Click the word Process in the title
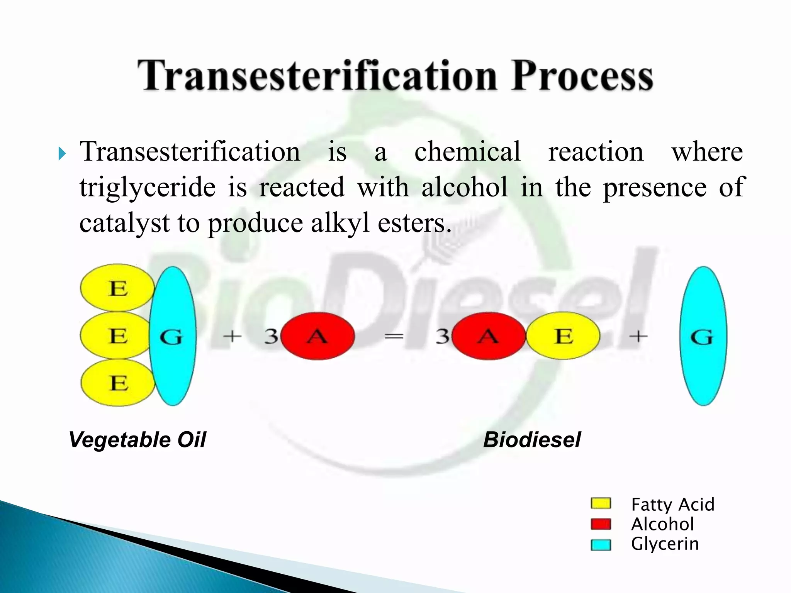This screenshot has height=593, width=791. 582,76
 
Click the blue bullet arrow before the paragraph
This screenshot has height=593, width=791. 62,154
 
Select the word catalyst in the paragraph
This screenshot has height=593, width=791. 124,223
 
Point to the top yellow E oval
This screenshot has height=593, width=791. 117,288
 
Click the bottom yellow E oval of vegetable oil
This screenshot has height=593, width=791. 118,383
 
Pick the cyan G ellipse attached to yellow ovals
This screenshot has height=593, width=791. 172,336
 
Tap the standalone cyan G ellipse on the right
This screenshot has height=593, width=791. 703,336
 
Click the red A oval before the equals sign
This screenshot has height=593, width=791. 317,336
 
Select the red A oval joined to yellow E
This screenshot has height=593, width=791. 489,336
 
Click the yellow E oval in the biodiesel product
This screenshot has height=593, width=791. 563,336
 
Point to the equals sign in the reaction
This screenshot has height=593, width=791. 394,337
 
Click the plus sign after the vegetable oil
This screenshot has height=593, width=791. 232,337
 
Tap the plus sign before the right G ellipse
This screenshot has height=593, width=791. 638,337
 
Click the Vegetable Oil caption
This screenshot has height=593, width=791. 137,440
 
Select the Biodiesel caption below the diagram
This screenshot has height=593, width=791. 531,440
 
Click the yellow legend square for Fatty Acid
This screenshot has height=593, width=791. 601,504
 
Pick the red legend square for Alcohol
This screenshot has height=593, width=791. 601,524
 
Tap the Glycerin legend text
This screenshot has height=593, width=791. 664,544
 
